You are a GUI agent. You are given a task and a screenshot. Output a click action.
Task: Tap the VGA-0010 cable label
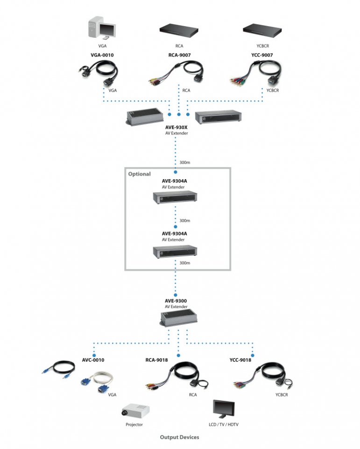(102, 55)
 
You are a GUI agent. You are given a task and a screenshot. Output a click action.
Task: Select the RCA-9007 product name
(179, 55)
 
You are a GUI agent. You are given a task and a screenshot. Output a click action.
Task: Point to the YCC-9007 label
(262, 55)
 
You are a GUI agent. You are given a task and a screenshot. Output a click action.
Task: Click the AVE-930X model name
(176, 127)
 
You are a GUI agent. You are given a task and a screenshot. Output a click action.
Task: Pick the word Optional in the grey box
(139, 174)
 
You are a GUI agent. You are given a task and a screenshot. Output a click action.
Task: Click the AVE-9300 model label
(176, 301)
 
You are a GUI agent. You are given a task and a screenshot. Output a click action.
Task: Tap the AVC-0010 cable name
(93, 360)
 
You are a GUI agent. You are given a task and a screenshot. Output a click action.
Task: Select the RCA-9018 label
(156, 360)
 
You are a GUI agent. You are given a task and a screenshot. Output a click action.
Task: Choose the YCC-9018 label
(240, 360)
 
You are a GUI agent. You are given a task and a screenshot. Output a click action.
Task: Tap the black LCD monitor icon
(224, 409)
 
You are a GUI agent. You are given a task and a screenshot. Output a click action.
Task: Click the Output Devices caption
(180, 437)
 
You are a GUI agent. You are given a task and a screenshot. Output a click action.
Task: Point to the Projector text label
(134, 424)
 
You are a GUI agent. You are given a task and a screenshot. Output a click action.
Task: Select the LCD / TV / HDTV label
(223, 424)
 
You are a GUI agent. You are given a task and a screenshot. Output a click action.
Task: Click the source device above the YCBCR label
(262, 31)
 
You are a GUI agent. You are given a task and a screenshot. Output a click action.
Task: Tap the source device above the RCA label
(179, 31)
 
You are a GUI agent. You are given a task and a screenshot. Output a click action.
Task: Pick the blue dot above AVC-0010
(94, 355)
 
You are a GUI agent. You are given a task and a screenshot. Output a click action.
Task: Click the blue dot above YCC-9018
(253, 355)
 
